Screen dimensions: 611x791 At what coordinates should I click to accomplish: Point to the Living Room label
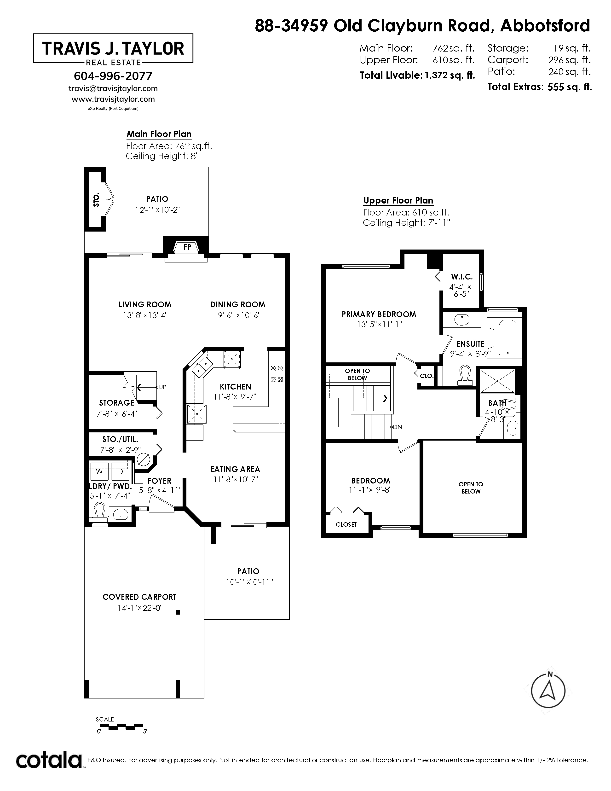(x=145, y=305)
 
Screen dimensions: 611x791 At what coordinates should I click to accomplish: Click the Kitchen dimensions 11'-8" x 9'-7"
(x=235, y=397)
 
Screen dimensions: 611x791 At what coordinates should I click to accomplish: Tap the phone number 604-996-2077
(x=113, y=76)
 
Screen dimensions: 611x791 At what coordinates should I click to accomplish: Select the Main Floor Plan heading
(x=159, y=134)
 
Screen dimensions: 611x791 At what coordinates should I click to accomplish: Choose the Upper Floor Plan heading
(x=398, y=201)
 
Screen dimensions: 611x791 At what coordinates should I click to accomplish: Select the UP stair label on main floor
(x=162, y=387)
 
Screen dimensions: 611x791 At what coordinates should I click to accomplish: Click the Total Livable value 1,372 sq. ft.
(x=450, y=75)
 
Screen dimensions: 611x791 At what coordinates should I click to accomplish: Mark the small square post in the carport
(x=178, y=612)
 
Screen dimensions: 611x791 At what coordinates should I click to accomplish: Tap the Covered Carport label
(x=139, y=597)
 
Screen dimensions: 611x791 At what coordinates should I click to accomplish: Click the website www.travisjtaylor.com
(x=113, y=99)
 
